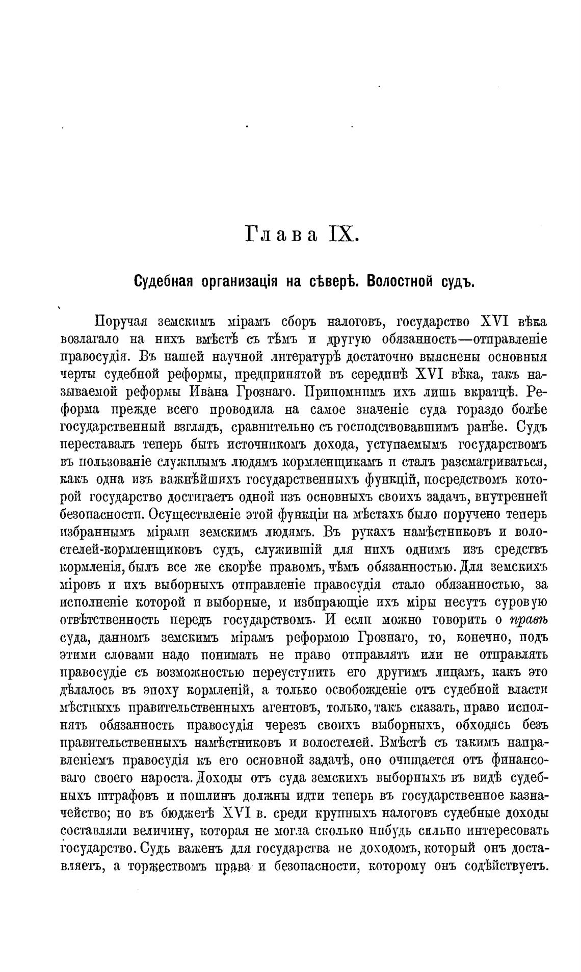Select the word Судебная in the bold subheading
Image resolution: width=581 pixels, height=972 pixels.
click(164, 281)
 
